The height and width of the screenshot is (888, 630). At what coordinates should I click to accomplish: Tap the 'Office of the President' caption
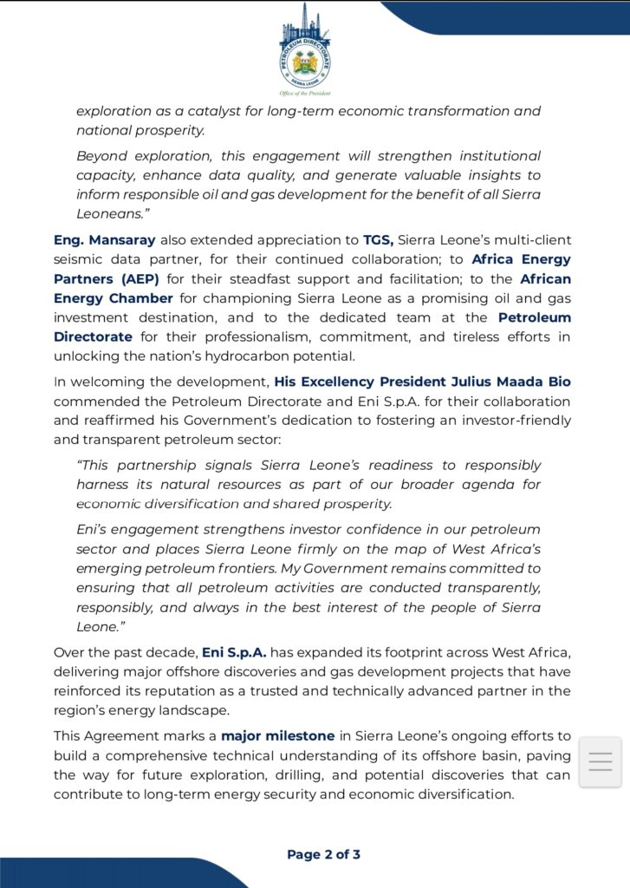point(304,93)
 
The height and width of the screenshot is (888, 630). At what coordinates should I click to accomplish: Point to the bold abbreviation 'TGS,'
point(379,239)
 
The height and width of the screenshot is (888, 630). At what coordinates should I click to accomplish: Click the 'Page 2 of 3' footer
point(323,854)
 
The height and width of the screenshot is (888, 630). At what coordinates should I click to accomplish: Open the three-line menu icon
point(600,761)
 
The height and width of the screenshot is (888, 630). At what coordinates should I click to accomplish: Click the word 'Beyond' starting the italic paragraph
point(101,156)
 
